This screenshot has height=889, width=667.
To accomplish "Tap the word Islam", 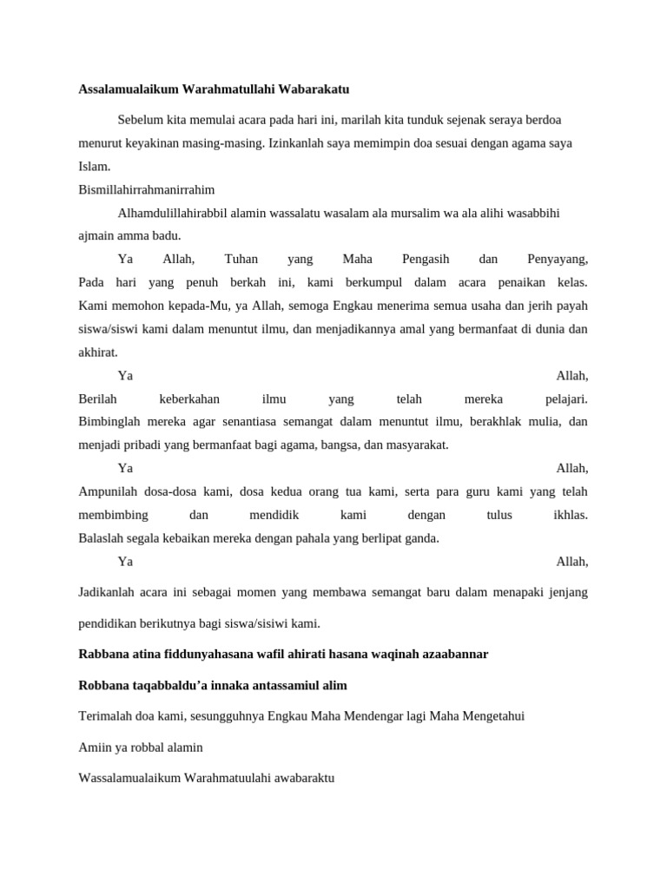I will (x=94, y=166).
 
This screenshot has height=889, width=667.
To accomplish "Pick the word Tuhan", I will (x=241, y=259).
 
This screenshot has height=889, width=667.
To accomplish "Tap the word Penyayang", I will (x=558, y=259).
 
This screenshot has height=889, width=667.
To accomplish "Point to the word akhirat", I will (x=97, y=352).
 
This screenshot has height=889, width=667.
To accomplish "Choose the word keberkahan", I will (x=189, y=398).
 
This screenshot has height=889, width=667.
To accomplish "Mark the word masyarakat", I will (x=419, y=444).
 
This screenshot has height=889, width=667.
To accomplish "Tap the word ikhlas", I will (x=571, y=515).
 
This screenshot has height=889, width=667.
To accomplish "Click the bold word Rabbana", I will (x=102, y=654).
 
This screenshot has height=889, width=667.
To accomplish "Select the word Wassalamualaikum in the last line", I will (x=129, y=778).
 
